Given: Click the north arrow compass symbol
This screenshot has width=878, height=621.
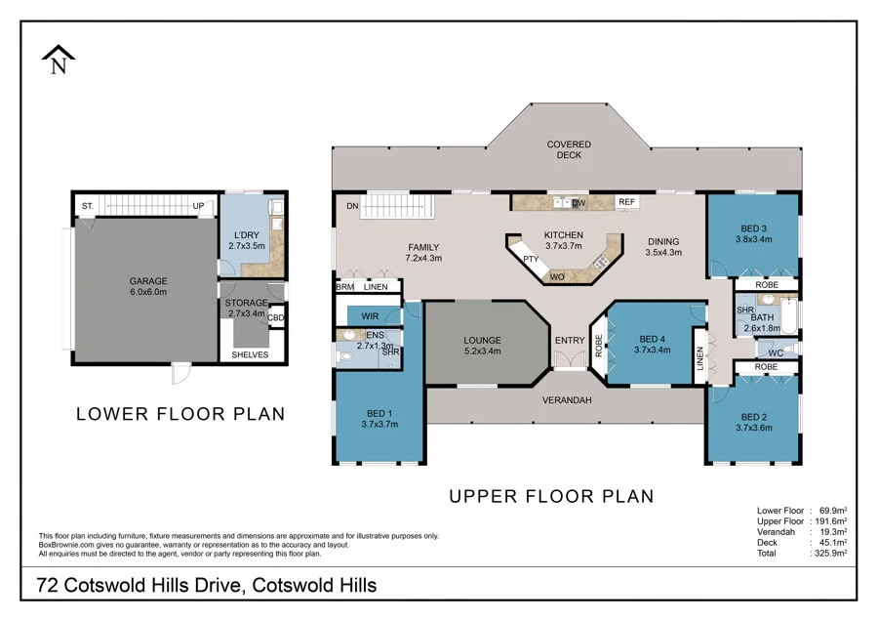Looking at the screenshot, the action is point(59,60).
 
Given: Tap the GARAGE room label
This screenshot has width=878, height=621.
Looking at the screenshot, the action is point(148,281).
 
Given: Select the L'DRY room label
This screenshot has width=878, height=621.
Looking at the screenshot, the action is point(247,235).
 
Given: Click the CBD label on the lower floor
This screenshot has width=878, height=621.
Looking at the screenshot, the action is point(276,317).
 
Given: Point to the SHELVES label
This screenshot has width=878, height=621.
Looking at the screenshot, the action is point(250,354).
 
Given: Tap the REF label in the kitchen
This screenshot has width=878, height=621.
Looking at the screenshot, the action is point(626,202).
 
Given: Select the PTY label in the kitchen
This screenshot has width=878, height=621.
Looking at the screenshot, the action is point(531,259).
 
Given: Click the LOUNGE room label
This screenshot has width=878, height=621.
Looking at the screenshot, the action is point(482,340).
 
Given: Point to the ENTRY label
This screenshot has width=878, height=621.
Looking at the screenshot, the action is point(570,340).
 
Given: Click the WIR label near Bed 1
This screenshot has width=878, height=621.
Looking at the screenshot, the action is point(370,316).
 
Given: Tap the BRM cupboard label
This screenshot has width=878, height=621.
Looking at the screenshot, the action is point(345,287).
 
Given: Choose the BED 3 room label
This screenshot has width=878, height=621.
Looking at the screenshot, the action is point(754,228).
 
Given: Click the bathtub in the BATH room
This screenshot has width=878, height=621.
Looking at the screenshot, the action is point(788,316).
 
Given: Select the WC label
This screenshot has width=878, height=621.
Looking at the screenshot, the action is point(776,353).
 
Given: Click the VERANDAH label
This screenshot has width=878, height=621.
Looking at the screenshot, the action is point(567,400).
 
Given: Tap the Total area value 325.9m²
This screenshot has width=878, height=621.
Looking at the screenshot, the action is point(829,554).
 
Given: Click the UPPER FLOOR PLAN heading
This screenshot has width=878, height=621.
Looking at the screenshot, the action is point(551,496).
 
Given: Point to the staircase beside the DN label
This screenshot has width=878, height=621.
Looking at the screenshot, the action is point(397,206).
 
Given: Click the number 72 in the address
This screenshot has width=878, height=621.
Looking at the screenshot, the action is point(47,585).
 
